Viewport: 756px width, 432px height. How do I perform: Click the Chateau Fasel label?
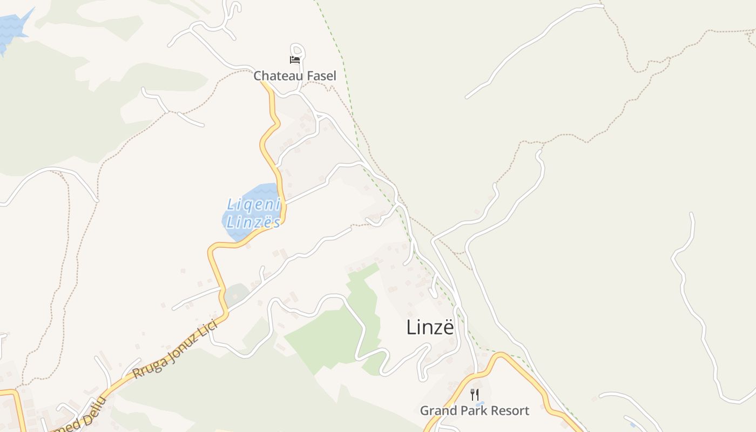coord(295,76)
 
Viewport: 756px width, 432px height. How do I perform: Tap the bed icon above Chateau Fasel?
coord(295,59)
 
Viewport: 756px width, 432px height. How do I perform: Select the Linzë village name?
coord(430,327)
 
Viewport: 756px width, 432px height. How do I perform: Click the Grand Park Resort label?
coord(474,411)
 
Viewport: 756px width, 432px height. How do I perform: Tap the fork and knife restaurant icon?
coord(475,395)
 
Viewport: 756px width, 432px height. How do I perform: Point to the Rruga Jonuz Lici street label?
coord(175,350)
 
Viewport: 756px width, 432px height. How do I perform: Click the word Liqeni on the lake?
coord(254,205)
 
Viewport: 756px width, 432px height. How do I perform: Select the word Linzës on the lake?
coord(253,222)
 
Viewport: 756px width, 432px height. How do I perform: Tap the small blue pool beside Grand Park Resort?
coord(480,403)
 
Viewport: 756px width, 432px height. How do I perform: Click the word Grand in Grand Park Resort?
coord(437,411)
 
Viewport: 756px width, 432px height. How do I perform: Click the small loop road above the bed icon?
coord(298,50)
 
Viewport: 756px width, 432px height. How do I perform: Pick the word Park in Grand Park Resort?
coord(471,411)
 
